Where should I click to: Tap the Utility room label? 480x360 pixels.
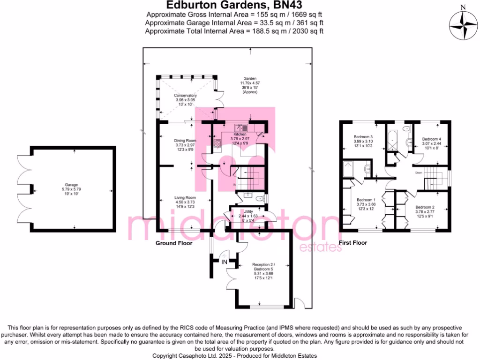[x=248, y=211]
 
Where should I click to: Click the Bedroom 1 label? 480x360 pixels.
[x=366, y=199]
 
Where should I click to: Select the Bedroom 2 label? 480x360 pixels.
[x=425, y=207]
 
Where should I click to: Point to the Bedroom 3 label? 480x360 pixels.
[x=363, y=136]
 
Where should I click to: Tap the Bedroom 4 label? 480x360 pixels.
[x=431, y=139]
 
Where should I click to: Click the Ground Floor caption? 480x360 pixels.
[x=173, y=243]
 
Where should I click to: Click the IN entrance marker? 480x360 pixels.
[x=224, y=261]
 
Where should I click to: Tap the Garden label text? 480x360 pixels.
[x=249, y=79]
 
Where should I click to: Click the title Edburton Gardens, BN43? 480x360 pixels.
[x=234, y=6]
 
